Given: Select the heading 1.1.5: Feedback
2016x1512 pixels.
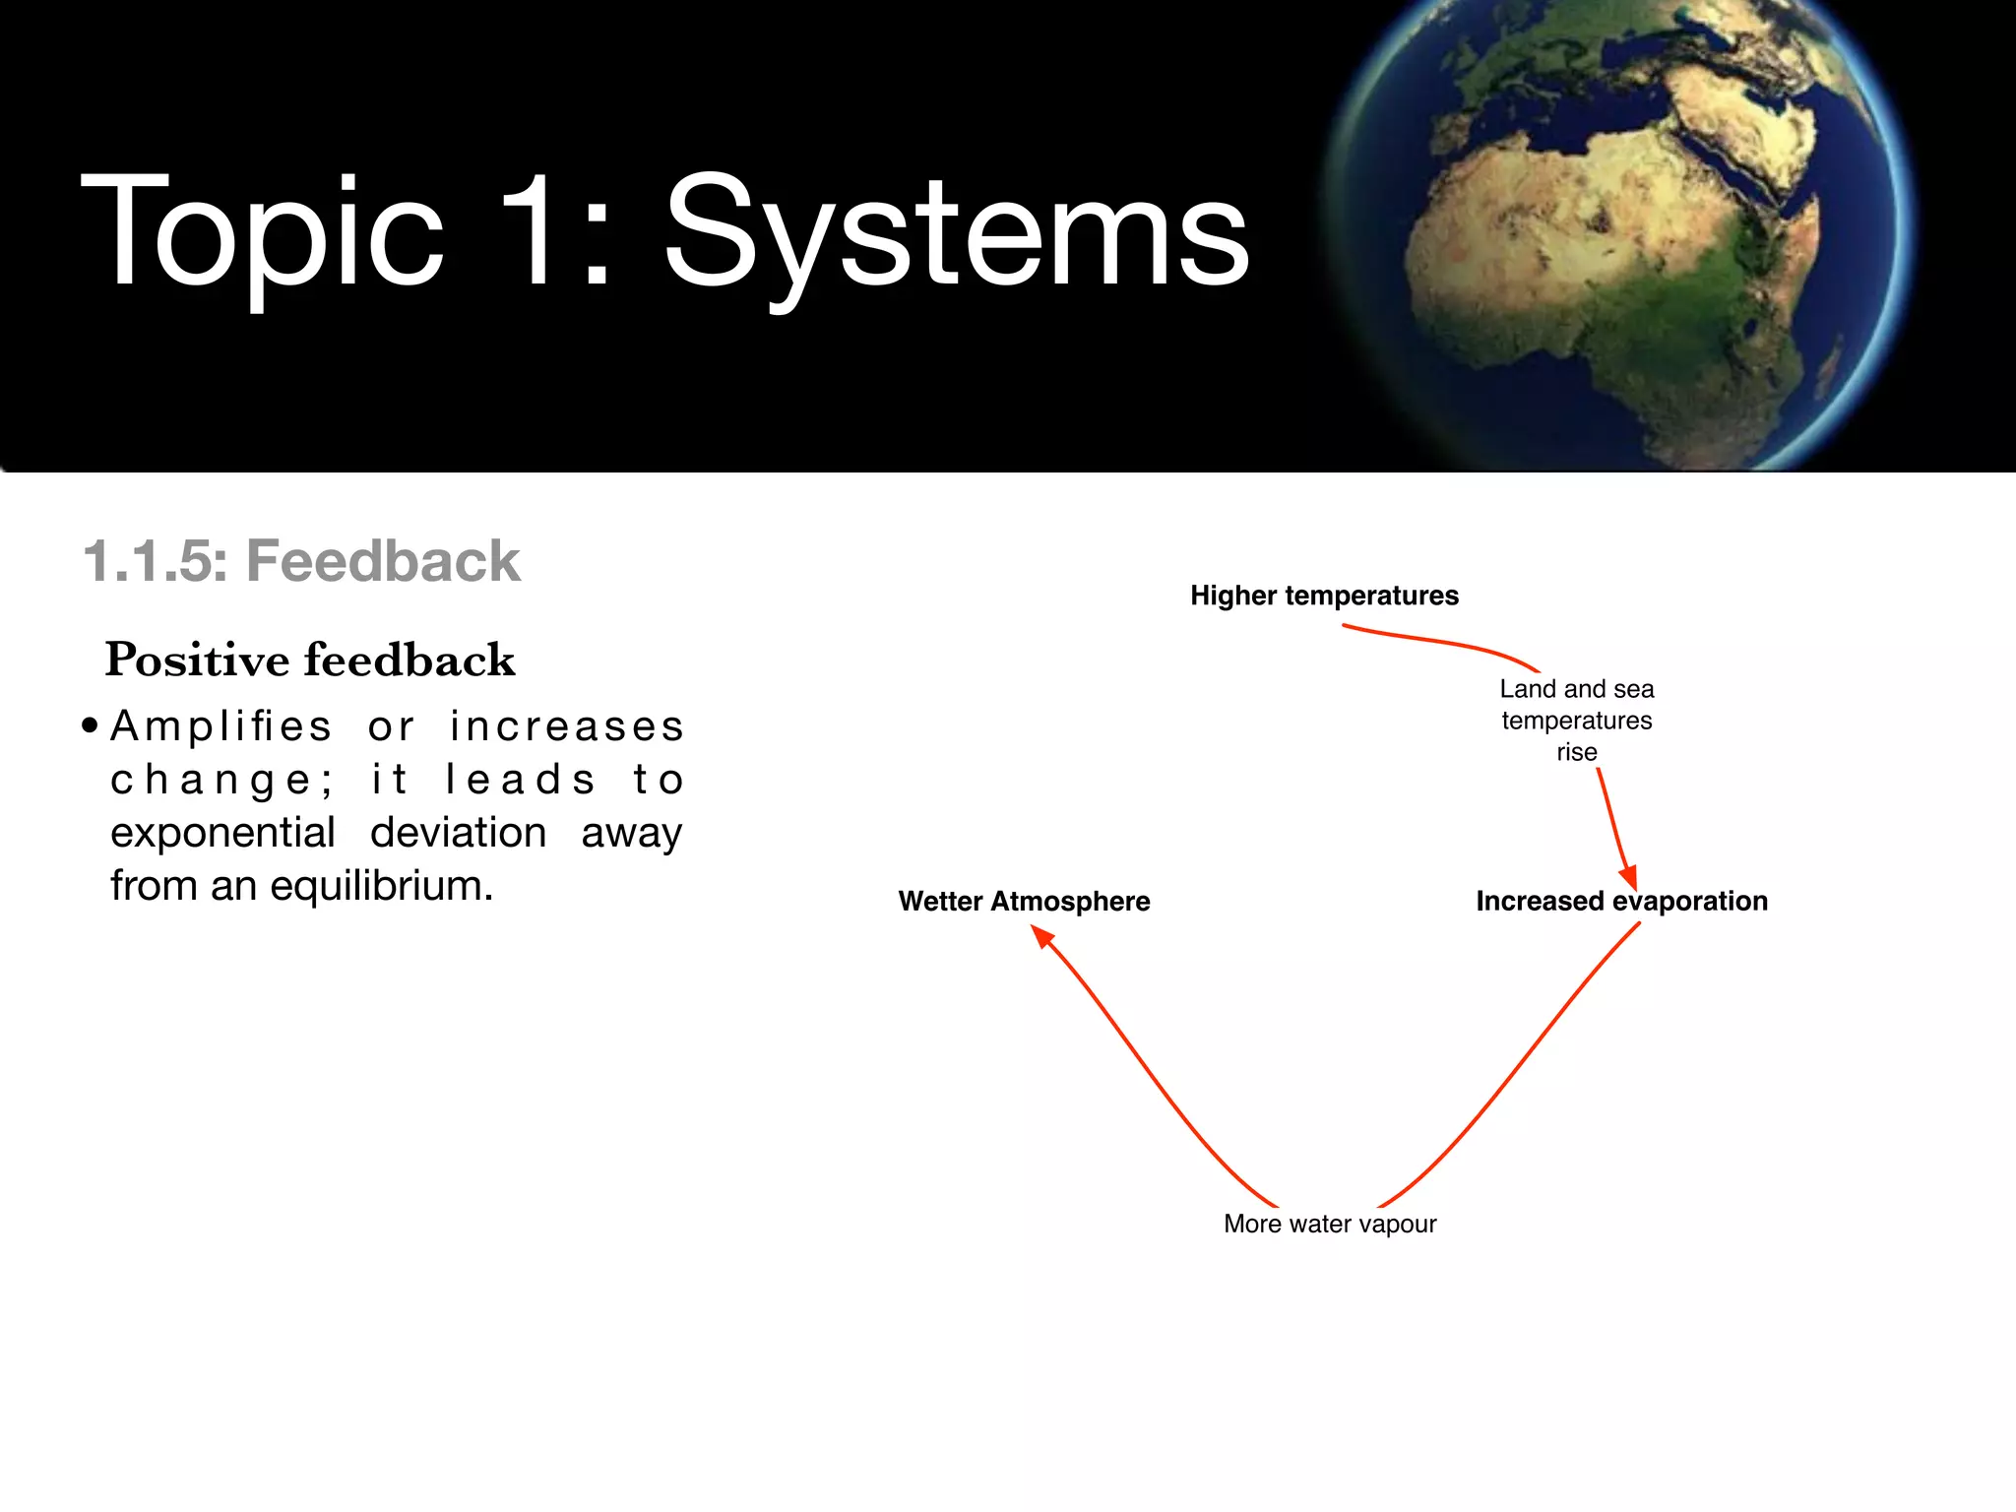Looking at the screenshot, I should (301, 561).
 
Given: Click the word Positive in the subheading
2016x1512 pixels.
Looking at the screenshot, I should (196, 660).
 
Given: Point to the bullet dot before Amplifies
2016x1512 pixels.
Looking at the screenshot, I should (91, 726).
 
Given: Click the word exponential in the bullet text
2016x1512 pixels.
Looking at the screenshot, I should (222, 833).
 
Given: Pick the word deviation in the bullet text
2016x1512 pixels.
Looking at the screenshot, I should (458, 833).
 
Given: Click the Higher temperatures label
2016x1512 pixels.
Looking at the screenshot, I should (1324, 596).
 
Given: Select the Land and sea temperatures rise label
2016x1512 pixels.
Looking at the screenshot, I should (1576, 720).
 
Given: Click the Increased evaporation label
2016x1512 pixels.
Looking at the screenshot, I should (1621, 901).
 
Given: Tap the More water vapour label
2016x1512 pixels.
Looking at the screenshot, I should (1330, 1224).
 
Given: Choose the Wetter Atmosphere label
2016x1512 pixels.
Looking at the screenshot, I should (1024, 901).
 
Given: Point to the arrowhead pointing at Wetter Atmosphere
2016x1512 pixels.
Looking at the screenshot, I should (1042, 936).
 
